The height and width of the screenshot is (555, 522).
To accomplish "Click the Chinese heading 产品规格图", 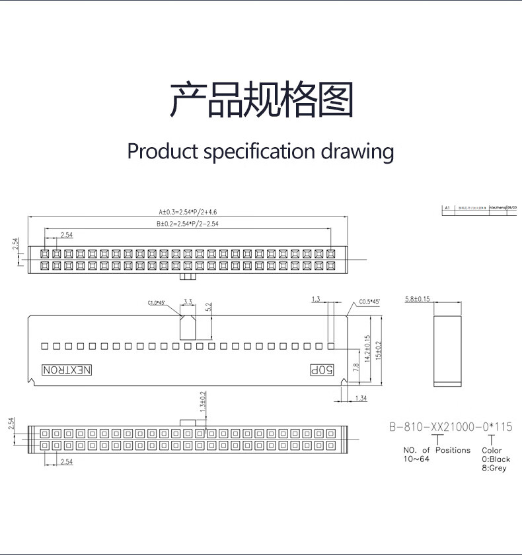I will (x=261, y=100).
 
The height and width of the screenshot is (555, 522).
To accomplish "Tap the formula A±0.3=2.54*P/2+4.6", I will (x=188, y=212).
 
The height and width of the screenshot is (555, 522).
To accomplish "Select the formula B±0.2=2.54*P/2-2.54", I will (x=188, y=224).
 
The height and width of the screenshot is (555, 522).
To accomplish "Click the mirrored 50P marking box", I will (x=320, y=370).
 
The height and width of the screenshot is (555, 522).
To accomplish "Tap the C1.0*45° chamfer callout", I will (x=156, y=304).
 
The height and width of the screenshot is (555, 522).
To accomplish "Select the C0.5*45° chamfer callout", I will (x=370, y=302).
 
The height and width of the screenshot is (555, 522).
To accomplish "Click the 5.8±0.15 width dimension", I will (x=417, y=299).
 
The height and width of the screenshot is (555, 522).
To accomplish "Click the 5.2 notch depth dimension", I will (x=209, y=308).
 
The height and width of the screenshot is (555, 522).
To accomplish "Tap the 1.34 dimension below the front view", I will (x=361, y=398).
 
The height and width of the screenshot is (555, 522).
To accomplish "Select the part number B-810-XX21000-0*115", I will (x=451, y=427).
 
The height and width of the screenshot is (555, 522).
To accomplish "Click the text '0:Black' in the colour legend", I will (x=496, y=459).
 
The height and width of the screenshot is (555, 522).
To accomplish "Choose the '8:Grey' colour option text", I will (x=494, y=468).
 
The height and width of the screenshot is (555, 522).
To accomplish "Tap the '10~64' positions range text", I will (x=417, y=459).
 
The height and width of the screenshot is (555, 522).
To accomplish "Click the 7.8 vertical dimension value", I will (x=357, y=368).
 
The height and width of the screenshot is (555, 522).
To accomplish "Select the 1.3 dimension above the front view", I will (x=315, y=300).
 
